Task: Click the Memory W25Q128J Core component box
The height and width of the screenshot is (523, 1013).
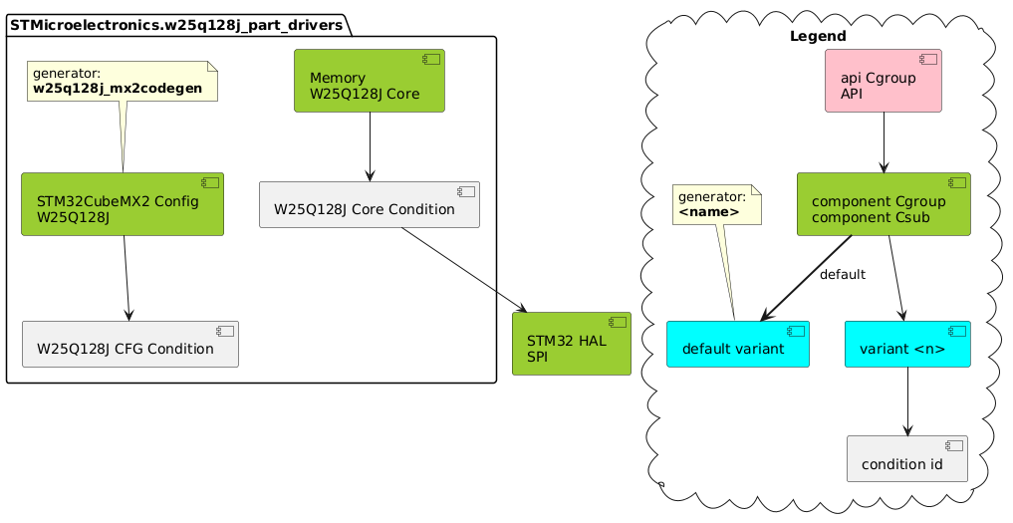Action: tap(369, 81)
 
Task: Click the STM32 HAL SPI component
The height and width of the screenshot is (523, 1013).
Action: tap(571, 344)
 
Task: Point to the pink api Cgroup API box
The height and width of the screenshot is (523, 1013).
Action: tap(884, 81)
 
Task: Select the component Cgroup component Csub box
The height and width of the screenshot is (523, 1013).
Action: tap(884, 203)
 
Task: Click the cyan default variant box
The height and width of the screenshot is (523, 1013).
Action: tap(737, 344)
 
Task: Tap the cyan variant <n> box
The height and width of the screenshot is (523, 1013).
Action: tap(906, 344)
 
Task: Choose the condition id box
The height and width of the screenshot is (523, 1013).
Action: tap(906, 458)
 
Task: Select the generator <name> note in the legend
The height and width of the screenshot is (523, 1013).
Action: tap(716, 204)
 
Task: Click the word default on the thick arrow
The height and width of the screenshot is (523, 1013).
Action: tap(843, 275)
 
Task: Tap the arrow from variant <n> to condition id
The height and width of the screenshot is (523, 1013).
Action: tap(906, 401)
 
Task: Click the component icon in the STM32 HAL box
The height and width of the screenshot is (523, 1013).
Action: tap(618, 323)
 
